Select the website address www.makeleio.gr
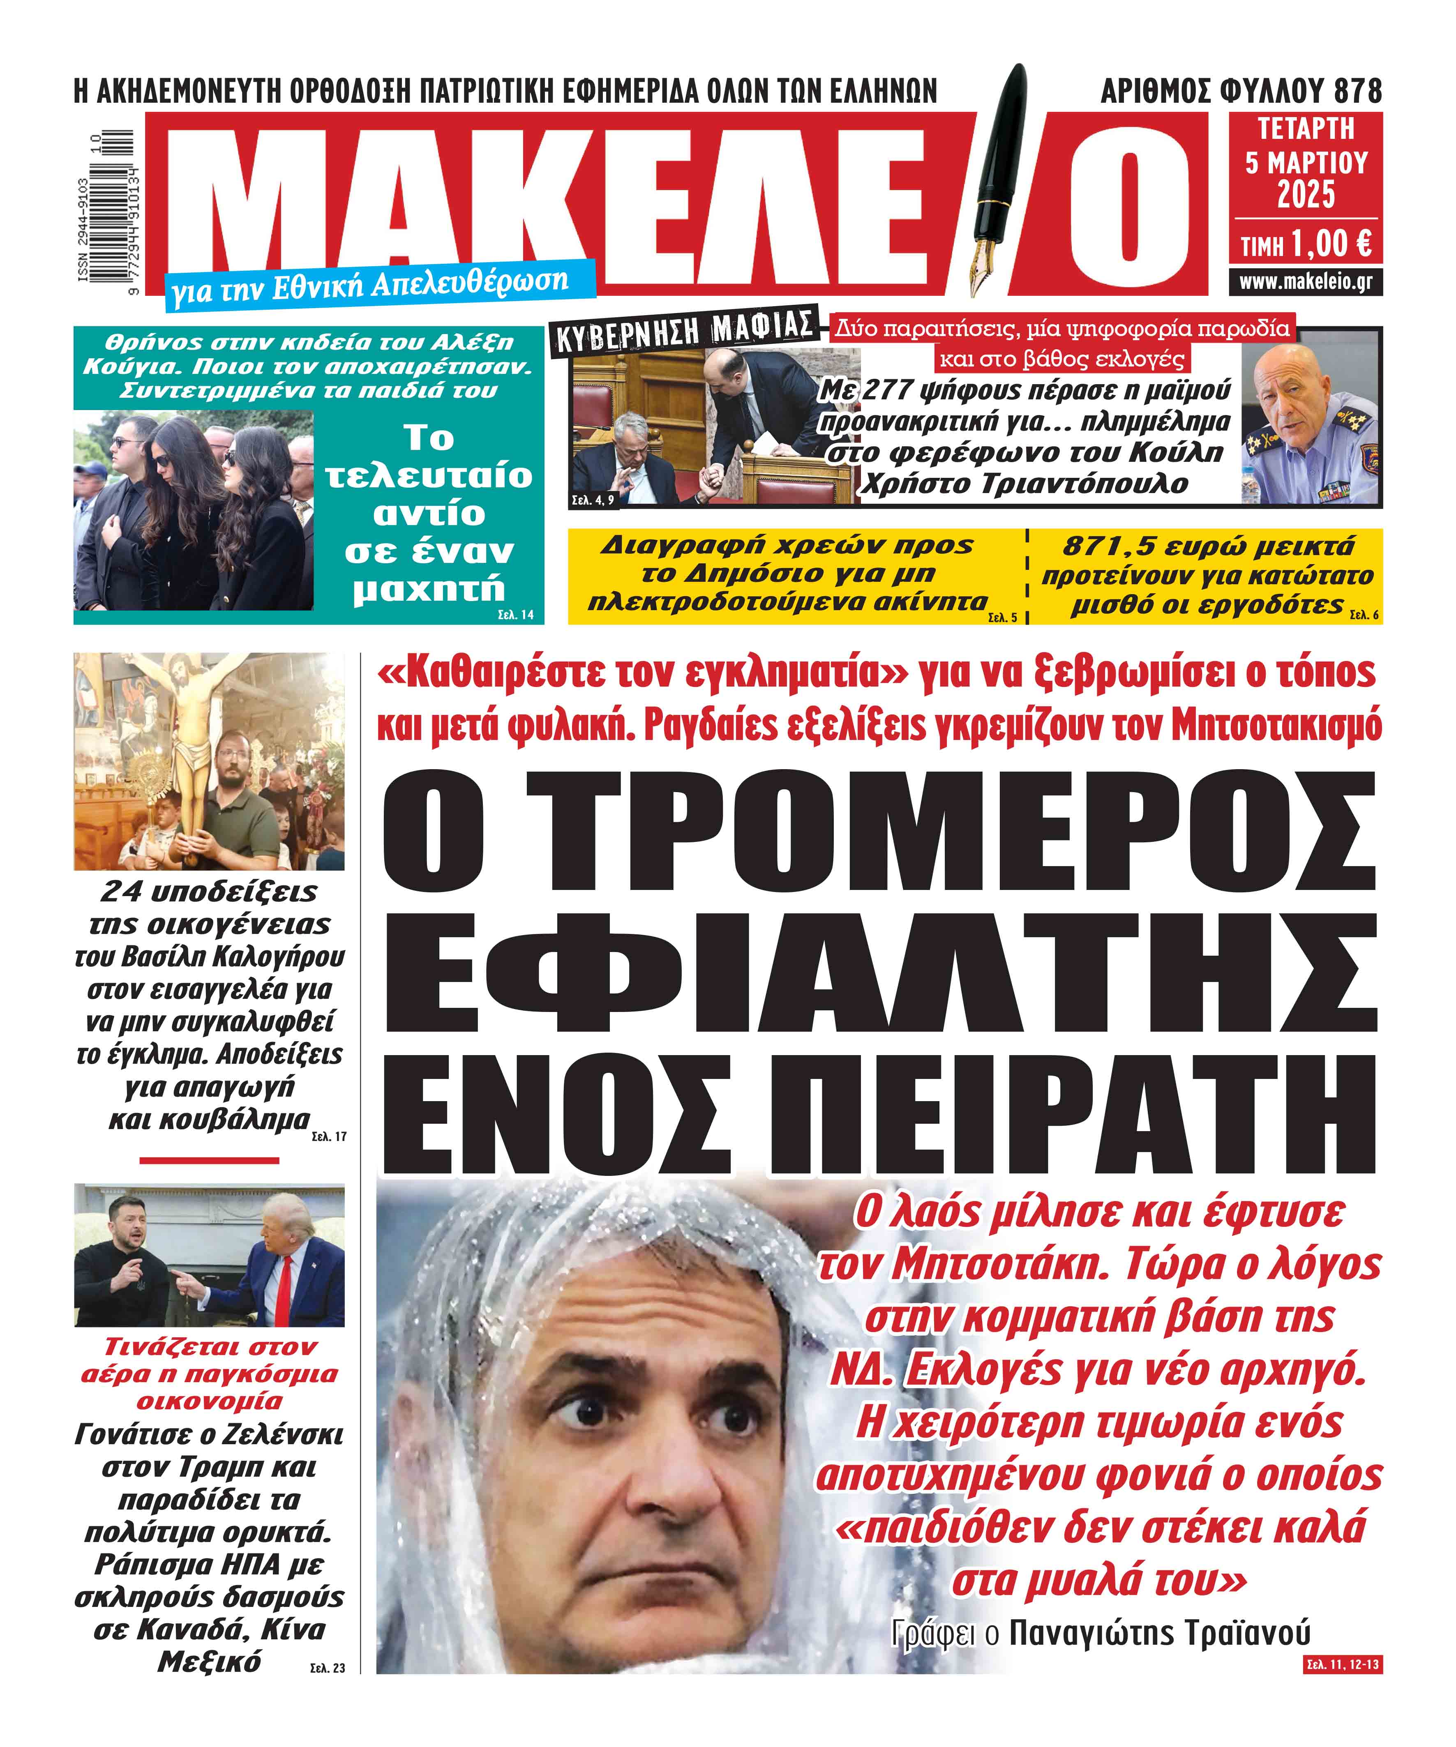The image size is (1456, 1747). [x=1306, y=282]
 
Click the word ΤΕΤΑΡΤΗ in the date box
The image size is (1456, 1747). [x=1306, y=129]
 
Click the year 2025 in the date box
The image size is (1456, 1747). [x=1306, y=196]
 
